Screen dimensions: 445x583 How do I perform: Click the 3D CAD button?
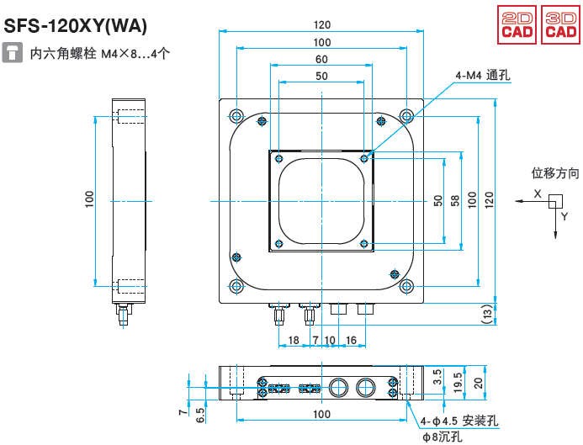558,24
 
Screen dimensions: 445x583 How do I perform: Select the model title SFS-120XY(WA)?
76,26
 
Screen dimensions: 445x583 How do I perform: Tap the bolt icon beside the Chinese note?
13,54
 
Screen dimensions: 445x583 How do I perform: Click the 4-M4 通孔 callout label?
483,76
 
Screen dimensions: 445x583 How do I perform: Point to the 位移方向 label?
555,173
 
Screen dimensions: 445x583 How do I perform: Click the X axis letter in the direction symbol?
537,193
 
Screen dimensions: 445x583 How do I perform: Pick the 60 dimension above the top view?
321,60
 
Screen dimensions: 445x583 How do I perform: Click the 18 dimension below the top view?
294,340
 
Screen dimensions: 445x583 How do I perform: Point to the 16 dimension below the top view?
351,340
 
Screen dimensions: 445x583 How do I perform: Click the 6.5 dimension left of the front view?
199,414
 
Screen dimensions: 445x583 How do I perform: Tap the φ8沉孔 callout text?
443,437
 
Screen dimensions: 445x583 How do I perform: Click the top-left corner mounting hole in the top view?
236,115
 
